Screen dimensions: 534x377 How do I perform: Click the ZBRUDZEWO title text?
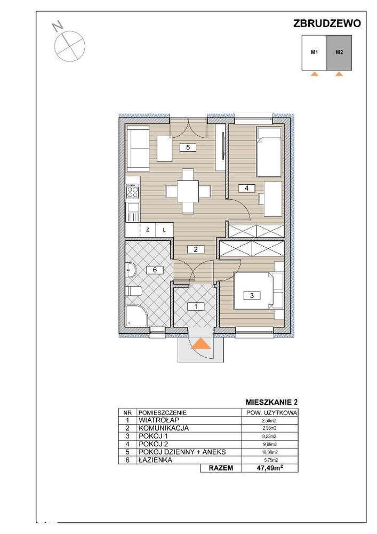click(x=327, y=23)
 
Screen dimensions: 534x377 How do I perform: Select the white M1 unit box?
click(x=315, y=52)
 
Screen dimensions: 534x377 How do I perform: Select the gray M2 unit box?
click(x=339, y=52)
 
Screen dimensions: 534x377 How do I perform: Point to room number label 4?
click(x=246, y=187)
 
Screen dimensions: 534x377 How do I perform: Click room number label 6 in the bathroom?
click(x=155, y=270)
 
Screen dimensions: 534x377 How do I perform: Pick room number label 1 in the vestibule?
click(x=196, y=307)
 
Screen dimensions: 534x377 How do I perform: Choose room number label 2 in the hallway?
click(x=196, y=249)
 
